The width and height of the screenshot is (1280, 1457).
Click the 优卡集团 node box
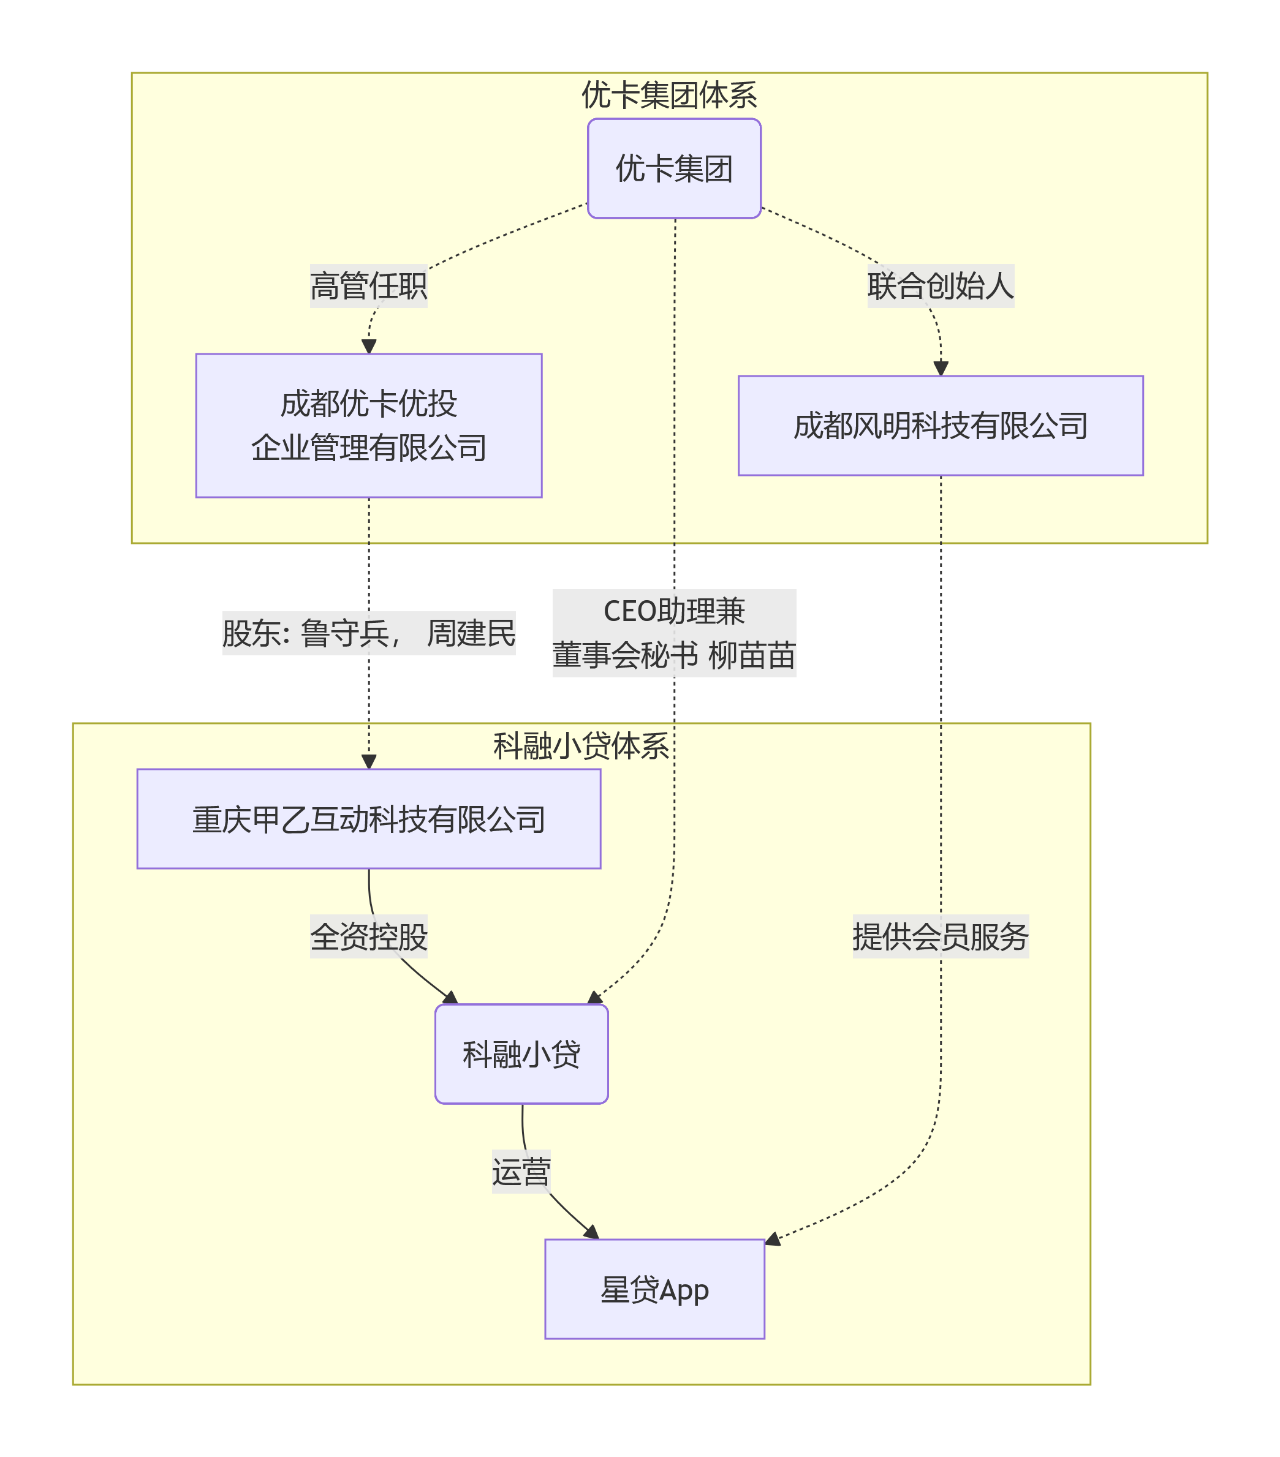(674, 168)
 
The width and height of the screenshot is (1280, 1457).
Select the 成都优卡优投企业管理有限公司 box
(369, 426)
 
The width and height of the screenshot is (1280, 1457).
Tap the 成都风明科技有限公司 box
(940, 426)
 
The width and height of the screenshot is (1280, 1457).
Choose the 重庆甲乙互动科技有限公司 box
(369, 819)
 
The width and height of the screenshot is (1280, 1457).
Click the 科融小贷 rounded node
(521, 1054)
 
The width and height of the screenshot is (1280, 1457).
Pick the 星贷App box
(654, 1289)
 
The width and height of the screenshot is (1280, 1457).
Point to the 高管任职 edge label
(369, 286)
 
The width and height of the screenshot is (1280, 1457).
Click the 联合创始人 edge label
(940, 286)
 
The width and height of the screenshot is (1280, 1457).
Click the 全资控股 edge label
(369, 936)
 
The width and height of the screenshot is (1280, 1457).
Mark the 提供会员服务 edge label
(940, 936)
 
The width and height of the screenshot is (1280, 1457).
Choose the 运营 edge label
(521, 1172)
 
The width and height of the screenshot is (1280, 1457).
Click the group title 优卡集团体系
(669, 95)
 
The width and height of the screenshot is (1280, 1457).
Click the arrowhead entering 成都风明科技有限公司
(941, 369)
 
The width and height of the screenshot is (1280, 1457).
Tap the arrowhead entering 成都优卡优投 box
(369, 347)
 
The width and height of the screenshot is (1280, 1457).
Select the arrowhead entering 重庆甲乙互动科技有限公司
(369, 762)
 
